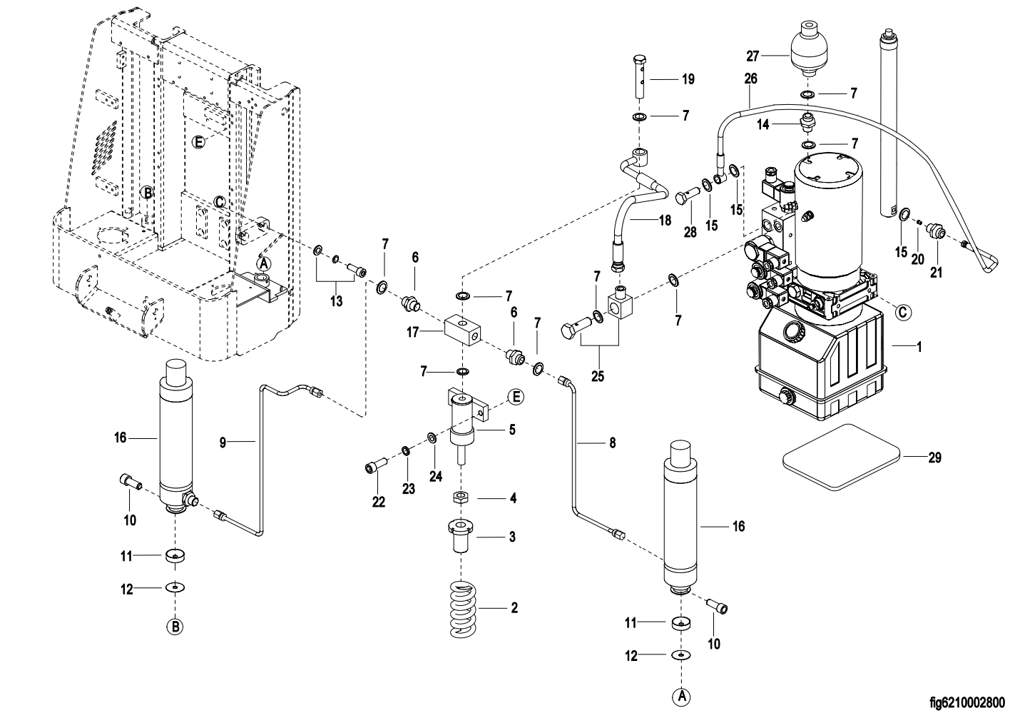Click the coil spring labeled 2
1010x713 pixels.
[463, 609]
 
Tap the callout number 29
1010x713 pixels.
[934, 457]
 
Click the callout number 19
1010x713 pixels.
[688, 80]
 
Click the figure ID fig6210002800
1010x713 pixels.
[967, 702]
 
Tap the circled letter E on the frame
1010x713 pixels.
[199, 141]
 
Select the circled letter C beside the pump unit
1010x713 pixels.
[903, 312]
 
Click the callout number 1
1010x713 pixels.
[919, 348]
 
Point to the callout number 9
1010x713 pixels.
[223, 443]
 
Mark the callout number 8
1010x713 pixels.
[612, 443]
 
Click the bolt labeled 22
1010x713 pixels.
[376, 466]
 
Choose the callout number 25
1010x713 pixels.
[598, 376]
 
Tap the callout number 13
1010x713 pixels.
[336, 301]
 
